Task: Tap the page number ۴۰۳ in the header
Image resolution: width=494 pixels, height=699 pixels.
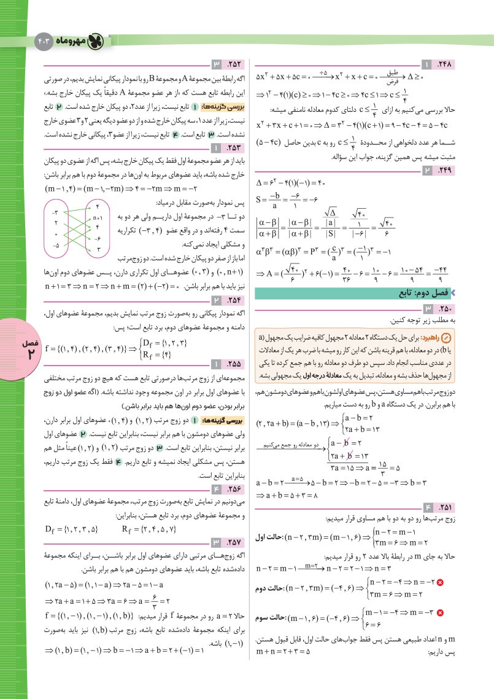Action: tap(46, 41)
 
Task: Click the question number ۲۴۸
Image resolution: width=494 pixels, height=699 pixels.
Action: tap(443, 64)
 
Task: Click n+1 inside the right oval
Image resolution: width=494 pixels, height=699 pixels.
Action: tap(97, 217)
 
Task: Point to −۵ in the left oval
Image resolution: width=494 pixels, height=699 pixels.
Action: tap(56, 245)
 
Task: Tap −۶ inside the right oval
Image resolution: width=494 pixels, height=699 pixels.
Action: tap(98, 238)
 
